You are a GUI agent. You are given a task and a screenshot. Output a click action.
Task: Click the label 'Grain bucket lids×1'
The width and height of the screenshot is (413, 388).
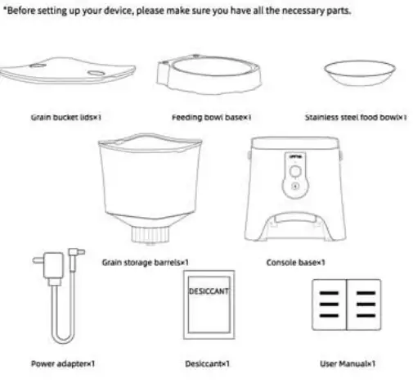coord(65,117)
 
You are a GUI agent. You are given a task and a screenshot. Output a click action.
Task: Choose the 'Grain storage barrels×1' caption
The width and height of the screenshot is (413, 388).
coord(146,263)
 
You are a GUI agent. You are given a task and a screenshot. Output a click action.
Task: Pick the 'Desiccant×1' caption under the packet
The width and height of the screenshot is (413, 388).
coord(210,363)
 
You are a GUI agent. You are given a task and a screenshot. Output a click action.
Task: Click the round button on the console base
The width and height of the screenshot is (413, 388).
coord(292,173)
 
